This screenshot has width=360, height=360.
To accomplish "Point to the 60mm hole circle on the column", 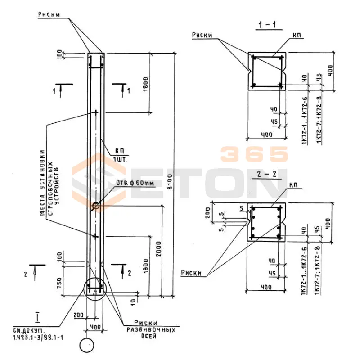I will tap(96, 206).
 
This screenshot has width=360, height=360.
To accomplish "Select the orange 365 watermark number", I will tap(254, 154).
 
